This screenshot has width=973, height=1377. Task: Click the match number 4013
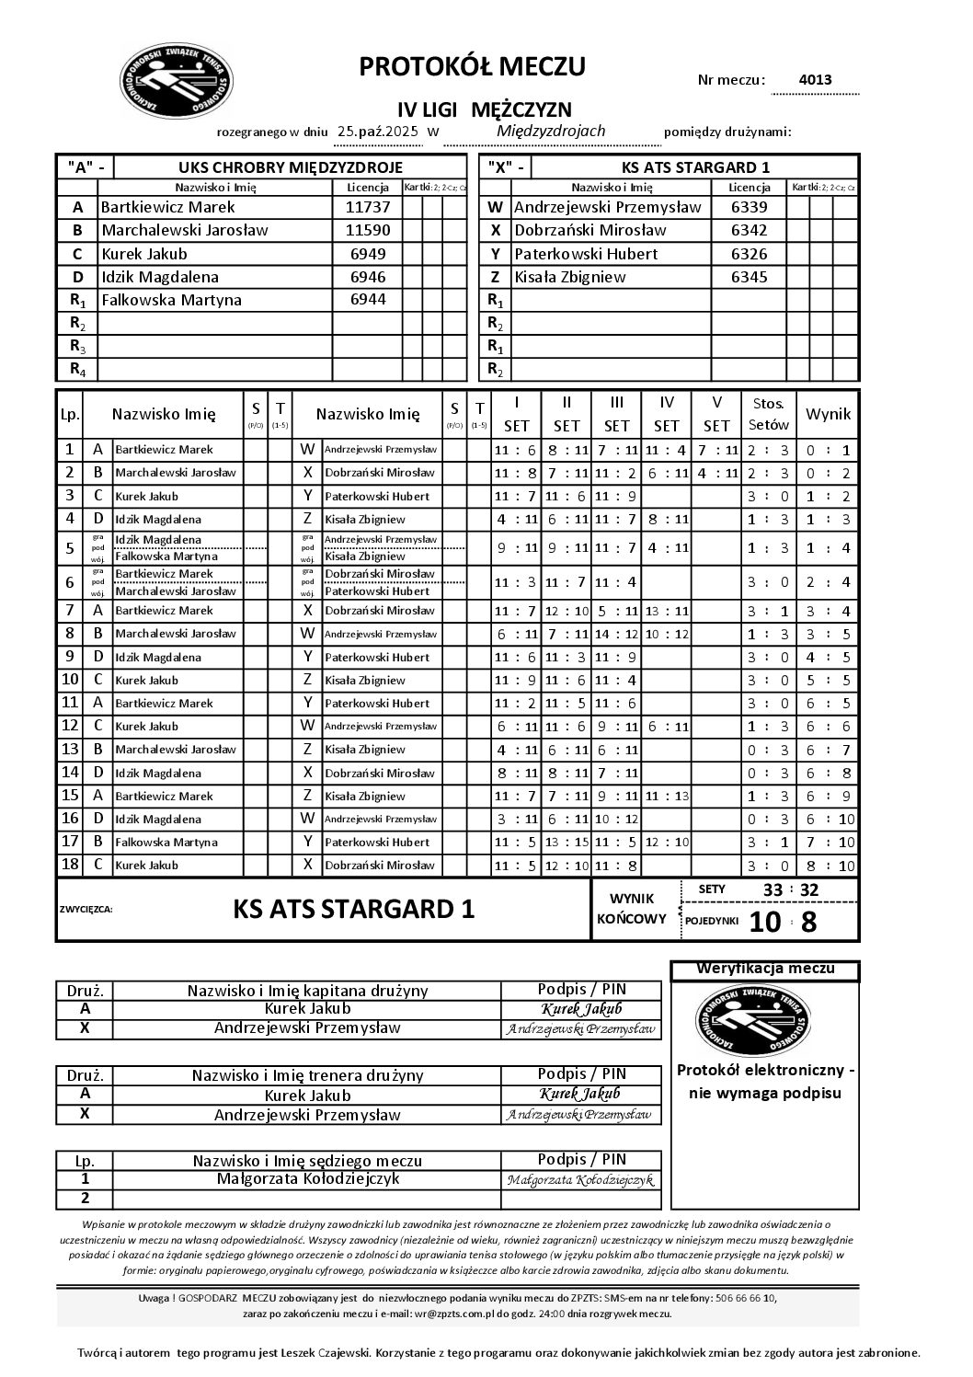pos(815,79)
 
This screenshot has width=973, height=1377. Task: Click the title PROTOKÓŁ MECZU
pos(472,66)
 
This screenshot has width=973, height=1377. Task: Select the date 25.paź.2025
pos(378,132)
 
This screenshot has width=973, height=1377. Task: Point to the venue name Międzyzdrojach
pos(550,131)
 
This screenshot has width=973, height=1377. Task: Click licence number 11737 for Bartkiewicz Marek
pos(367,207)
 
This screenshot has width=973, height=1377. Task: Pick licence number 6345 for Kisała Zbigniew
pos(749,276)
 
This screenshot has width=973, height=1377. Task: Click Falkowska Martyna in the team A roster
pos(171,299)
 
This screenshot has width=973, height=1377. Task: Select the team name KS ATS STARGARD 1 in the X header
pos(695,167)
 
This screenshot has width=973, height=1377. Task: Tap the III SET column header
pos(616,414)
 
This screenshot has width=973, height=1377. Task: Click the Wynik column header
pos(828,414)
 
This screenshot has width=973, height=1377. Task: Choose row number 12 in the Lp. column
pos(69,726)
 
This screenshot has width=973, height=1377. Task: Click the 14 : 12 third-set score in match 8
pos(616,634)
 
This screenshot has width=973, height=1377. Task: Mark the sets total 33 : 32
pos(790,889)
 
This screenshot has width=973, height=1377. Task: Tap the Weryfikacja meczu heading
pos(765,969)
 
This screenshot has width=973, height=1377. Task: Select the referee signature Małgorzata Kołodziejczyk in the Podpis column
pos(580,1180)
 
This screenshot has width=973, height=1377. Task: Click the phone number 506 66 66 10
pos(745,1298)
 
